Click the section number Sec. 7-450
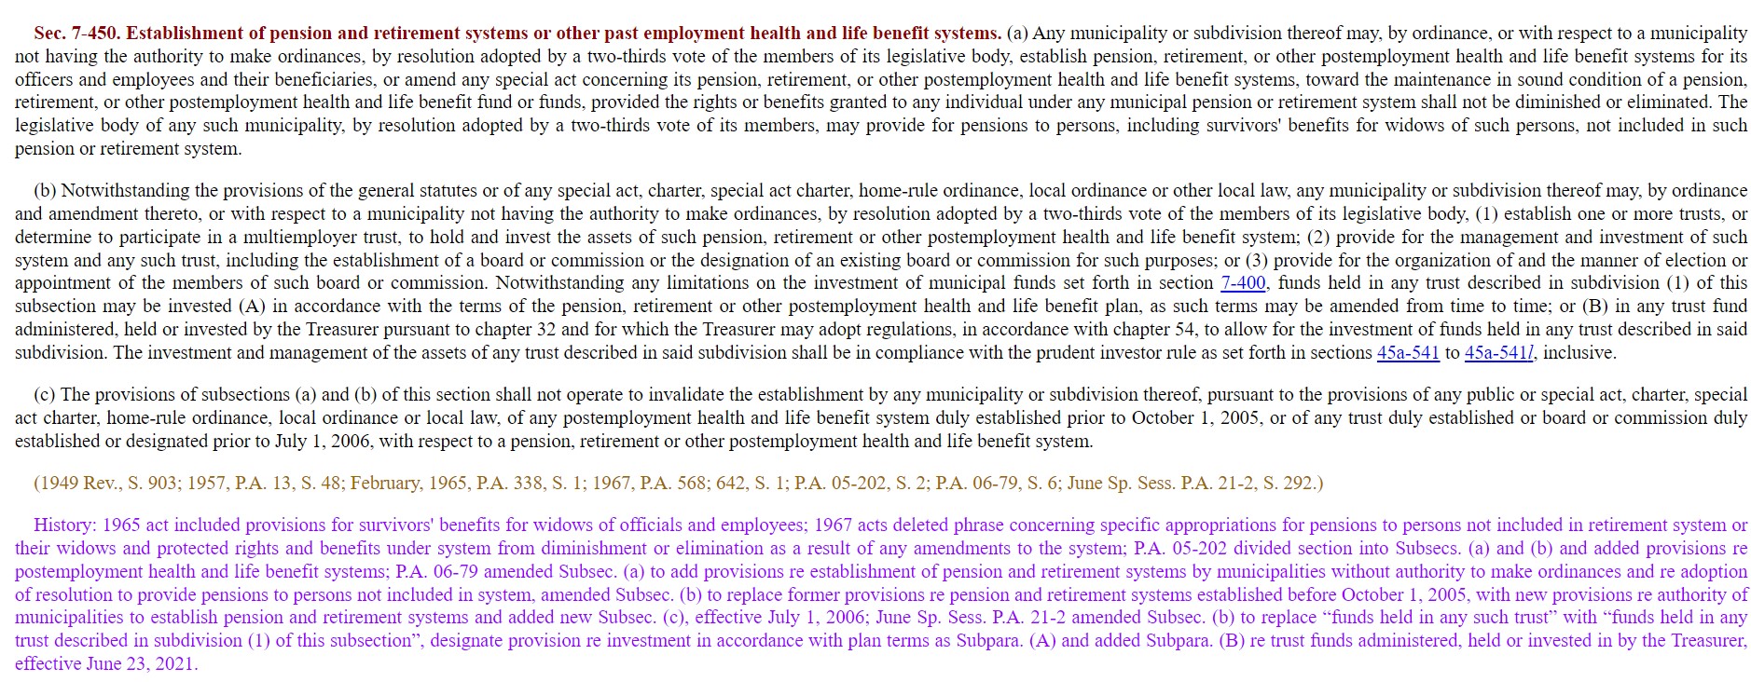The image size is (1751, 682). pos(76,34)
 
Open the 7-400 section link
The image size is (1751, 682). pos(1243,283)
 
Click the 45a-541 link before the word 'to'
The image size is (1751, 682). pos(1408,353)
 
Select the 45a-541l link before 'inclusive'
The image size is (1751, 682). pos(1499,353)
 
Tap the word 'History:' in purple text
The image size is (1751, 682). pos(65,525)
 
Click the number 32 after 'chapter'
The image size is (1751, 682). pos(545,330)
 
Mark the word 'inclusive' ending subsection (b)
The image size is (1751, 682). pos(1578,353)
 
